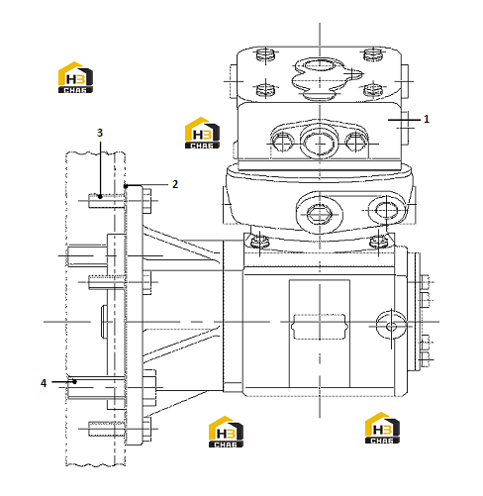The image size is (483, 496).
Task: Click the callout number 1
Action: pos(427,119)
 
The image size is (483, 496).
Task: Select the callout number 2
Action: pos(175,184)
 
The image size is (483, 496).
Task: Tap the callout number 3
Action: pos(100,133)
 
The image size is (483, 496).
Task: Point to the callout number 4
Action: pos(44,383)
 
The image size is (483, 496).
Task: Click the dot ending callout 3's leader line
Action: pos(100,197)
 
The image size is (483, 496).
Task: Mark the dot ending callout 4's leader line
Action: pos(75,382)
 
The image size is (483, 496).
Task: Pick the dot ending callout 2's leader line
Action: pos(126,186)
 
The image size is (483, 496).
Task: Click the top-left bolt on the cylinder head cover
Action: pos(265,54)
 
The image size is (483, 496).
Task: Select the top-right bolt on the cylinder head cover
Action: pos(373,54)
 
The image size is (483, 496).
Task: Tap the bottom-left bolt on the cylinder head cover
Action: pos(265,89)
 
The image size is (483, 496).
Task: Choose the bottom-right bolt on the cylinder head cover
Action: pos(373,89)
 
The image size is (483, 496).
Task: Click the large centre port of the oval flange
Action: pos(320,143)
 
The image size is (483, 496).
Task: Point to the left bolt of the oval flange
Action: pos(283,143)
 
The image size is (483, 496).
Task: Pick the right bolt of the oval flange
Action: pos(356,143)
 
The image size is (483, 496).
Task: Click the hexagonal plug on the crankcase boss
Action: pos(320,215)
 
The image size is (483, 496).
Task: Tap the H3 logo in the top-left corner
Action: pos(75,77)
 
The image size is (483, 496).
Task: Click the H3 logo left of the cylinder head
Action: pos(202,133)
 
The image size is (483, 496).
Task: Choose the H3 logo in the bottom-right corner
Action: pos(382,428)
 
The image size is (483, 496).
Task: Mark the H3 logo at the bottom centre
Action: pos(226,432)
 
